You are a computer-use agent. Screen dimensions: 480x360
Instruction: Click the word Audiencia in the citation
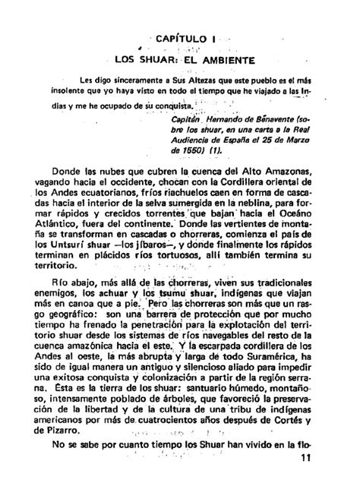[x=206, y=141]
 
